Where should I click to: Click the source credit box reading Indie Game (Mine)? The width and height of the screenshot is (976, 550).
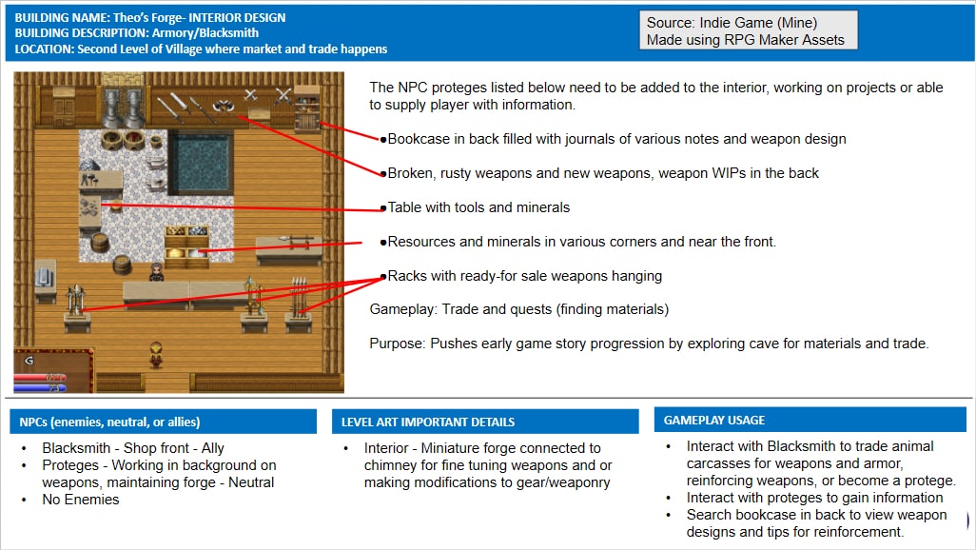(x=749, y=30)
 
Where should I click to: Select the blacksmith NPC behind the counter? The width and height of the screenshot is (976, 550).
(x=156, y=272)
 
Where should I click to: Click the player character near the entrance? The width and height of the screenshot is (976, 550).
(x=155, y=356)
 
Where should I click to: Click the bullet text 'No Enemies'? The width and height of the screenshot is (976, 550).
(x=81, y=499)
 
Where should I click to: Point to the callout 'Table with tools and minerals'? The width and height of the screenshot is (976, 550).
(x=478, y=207)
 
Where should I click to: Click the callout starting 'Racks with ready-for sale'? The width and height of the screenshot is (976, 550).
(x=524, y=276)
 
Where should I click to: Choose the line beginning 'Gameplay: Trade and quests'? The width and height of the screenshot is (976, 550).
(x=518, y=309)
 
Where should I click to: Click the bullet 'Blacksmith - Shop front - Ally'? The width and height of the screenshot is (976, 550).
(x=133, y=447)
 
